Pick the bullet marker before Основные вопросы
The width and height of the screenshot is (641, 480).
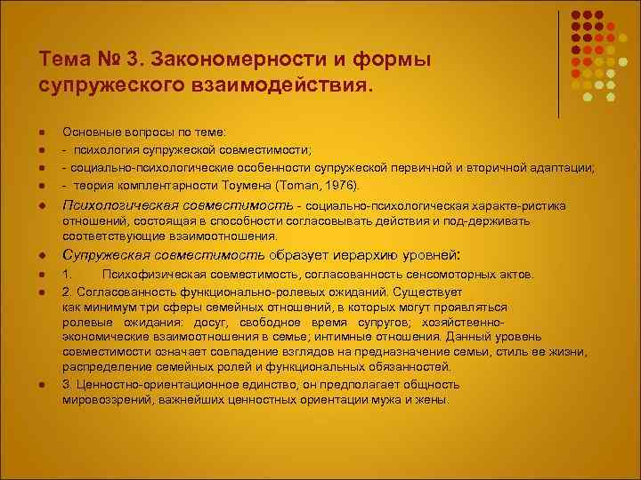click(43, 135)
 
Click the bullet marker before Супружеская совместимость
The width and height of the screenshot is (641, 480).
click(43, 254)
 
